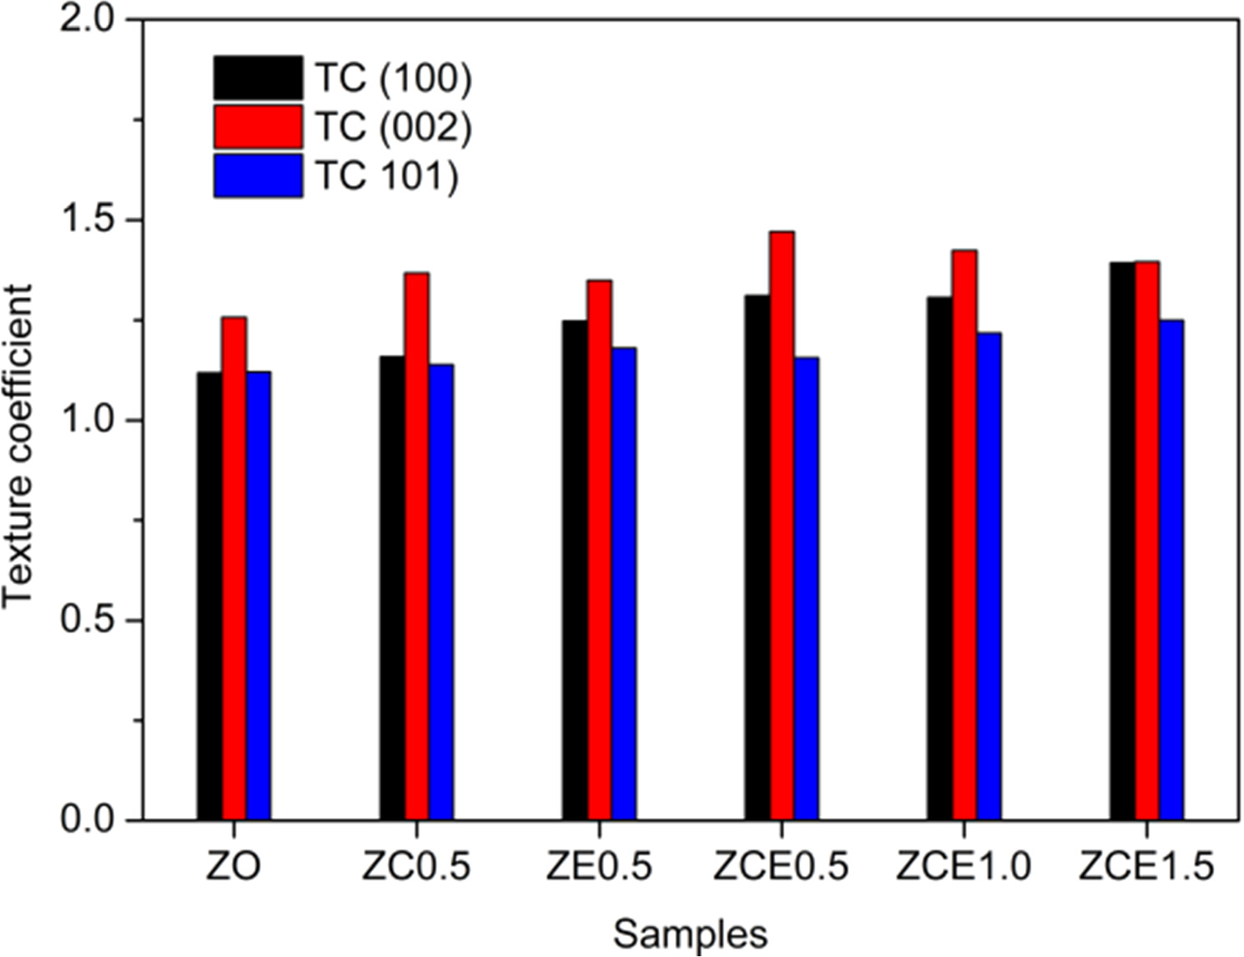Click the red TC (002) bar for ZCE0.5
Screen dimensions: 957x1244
(782, 526)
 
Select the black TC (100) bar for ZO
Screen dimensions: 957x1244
(209, 596)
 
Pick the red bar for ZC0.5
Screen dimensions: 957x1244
(416, 546)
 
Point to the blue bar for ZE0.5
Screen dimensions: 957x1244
(623, 584)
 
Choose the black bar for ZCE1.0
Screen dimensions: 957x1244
(939, 558)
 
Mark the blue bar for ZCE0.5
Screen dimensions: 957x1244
(807, 588)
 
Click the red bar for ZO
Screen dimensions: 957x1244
(234, 568)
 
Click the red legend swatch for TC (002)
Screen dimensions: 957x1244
(258, 127)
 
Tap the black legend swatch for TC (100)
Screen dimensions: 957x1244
(258, 78)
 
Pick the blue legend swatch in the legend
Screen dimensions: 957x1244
(258, 175)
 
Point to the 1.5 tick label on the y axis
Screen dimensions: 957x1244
(88, 220)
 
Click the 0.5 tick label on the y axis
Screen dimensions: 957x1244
(88, 621)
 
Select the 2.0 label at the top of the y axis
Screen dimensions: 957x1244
(88, 20)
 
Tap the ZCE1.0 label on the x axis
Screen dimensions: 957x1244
(964, 868)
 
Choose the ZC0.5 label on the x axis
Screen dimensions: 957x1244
(416, 868)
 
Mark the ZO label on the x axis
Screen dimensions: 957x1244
(234, 868)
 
